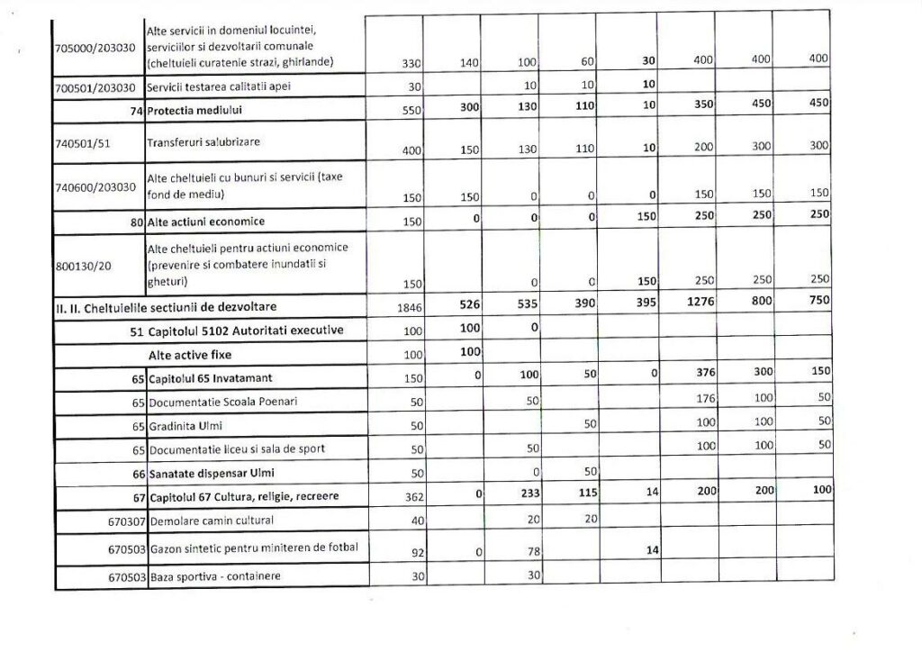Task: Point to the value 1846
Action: tap(411, 309)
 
